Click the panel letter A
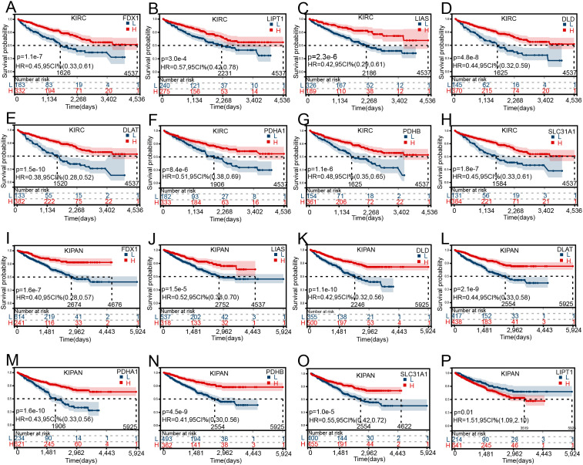7,7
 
